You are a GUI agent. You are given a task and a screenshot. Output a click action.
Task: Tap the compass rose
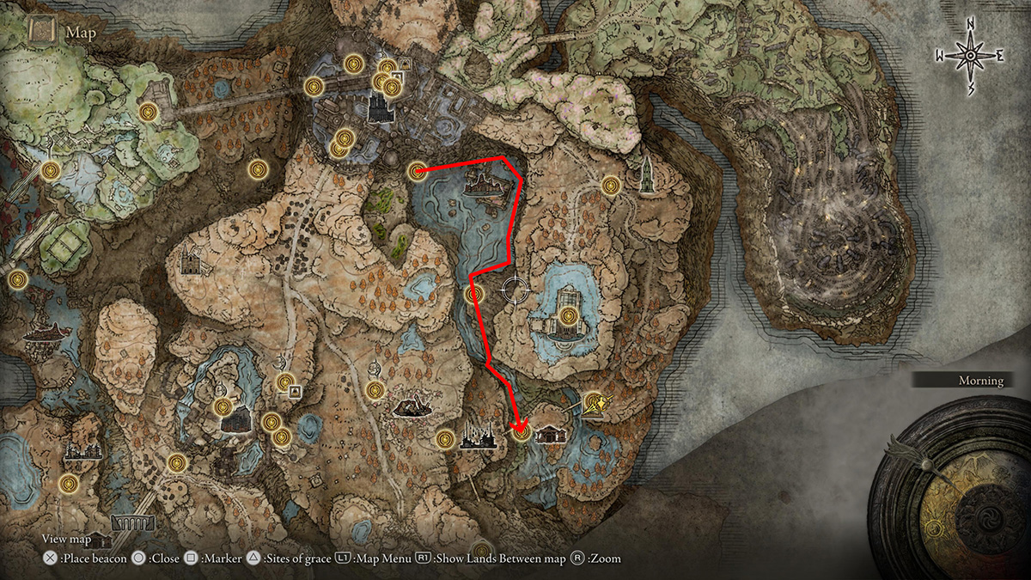[x=970, y=55]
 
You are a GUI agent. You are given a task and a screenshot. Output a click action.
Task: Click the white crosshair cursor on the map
[x=515, y=290]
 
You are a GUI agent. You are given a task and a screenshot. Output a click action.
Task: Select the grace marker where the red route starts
[x=418, y=171]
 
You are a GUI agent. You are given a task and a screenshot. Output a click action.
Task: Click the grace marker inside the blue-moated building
[x=567, y=316]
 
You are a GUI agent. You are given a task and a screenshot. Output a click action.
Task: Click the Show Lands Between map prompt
[x=501, y=559]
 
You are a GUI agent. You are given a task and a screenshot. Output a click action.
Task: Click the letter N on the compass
[x=970, y=22]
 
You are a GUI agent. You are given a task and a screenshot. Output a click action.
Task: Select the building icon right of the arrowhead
[x=548, y=433]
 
